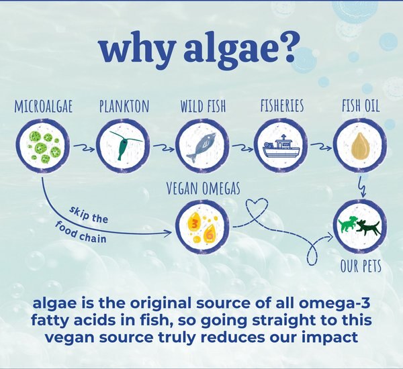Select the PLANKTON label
123,107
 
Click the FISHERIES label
282,107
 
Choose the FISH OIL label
361,107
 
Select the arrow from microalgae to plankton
83,144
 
